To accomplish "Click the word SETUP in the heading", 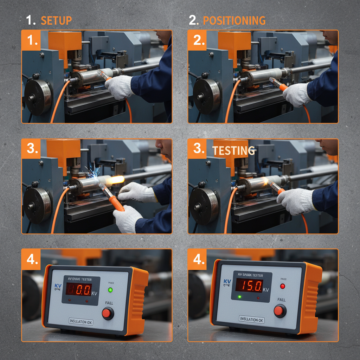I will (56, 20).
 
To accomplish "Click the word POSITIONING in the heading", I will (234, 20).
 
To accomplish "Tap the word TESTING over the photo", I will (234, 151).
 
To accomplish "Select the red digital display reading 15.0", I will (249, 285).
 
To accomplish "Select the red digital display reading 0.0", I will (78, 289).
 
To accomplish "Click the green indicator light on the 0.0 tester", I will (111, 290).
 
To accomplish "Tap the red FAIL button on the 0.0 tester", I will (108, 313).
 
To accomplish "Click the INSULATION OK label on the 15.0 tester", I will (251, 320).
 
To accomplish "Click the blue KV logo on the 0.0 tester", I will (58, 285).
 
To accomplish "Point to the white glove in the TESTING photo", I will (295, 201).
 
